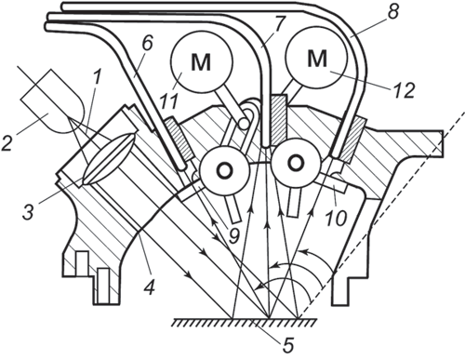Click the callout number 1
pyautogui.click(x=97, y=78)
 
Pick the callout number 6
pyautogui.click(x=148, y=43)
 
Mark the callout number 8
pyautogui.click(x=392, y=11)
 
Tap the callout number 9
pyautogui.click(x=233, y=235)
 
